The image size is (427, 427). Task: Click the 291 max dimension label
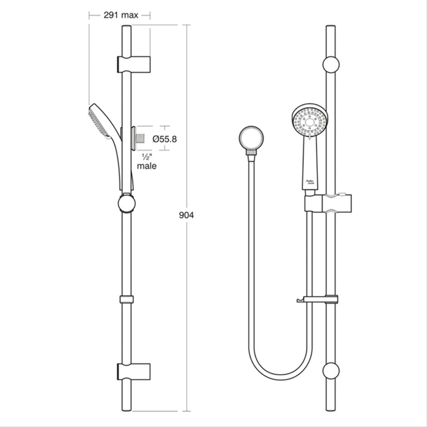pyautogui.click(x=120, y=15)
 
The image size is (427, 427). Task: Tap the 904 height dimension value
pyautogui.click(x=186, y=215)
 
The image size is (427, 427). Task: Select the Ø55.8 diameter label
pyautogui.click(x=164, y=139)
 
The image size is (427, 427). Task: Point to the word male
pyautogui.click(x=147, y=166)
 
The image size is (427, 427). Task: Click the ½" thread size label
pyautogui.click(x=146, y=157)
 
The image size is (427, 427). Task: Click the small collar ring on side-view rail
pyautogui.click(x=127, y=299)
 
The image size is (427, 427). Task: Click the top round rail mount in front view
pyautogui.click(x=331, y=65)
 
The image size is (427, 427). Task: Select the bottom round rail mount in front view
pyautogui.click(x=331, y=371)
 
